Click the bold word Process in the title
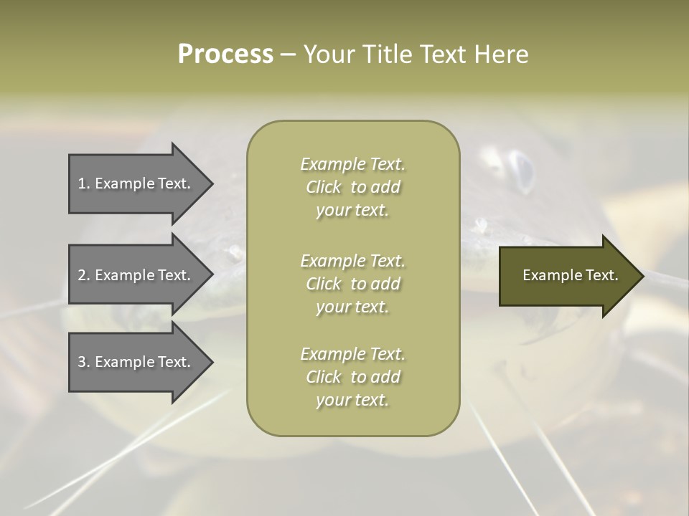pos(225,54)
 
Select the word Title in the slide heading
pos(387,54)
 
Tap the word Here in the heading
pos(500,54)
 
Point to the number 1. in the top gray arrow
pos(84,183)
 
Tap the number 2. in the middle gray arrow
pos(84,275)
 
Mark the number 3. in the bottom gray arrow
pos(84,362)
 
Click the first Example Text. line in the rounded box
pos(352,164)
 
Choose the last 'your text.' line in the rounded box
pos(352,400)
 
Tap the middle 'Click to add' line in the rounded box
pos(352,284)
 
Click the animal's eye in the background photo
pos(522,170)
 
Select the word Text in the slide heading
pos(441,54)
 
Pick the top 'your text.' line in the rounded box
pos(352,211)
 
